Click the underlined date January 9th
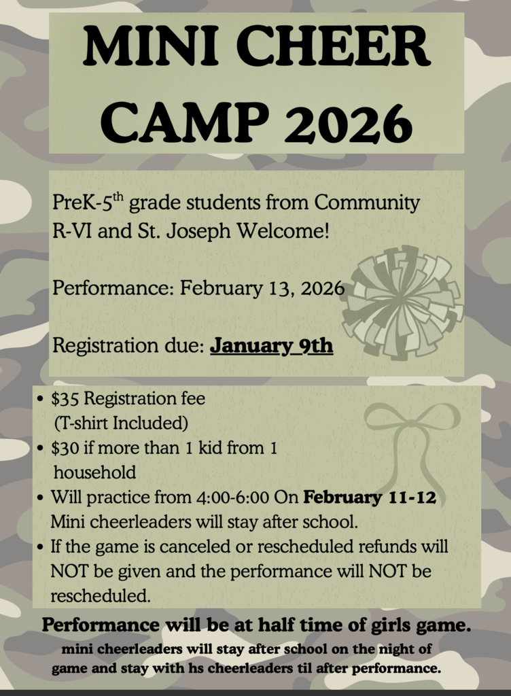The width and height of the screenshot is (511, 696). [x=271, y=345]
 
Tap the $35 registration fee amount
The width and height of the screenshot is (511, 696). [x=65, y=398]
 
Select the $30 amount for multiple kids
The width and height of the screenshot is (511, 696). [x=65, y=448]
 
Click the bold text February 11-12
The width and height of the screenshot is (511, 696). [x=370, y=498]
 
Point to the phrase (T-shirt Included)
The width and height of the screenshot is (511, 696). [x=120, y=423]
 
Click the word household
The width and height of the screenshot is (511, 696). [x=94, y=472]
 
